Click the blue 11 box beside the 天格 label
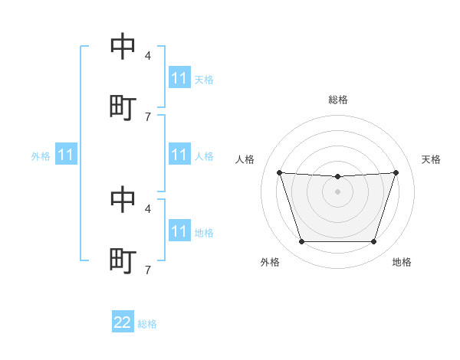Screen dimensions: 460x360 (179, 77)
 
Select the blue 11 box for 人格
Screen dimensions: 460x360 (179, 154)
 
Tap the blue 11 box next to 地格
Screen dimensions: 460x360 (179, 230)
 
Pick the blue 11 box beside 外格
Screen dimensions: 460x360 (66, 154)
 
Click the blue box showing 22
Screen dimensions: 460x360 (123, 321)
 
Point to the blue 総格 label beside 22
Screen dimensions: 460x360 (147, 324)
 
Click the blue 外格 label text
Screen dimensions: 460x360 (41, 156)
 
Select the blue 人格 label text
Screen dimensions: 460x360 (204, 156)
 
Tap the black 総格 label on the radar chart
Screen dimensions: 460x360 (338, 100)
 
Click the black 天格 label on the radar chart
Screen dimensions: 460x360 (431, 159)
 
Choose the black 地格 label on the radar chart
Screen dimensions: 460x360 (402, 262)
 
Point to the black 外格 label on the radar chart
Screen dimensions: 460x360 (270, 262)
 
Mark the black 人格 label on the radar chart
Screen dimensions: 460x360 (245, 159)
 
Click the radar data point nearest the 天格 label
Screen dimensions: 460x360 (396, 172)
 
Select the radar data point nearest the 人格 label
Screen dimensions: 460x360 (280, 172)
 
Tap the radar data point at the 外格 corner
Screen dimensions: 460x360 (302, 241)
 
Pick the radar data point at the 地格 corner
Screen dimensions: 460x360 (373, 241)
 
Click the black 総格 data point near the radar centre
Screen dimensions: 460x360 (337, 176)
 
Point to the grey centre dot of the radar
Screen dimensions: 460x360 (337, 191)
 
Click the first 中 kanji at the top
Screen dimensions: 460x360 (123, 46)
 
